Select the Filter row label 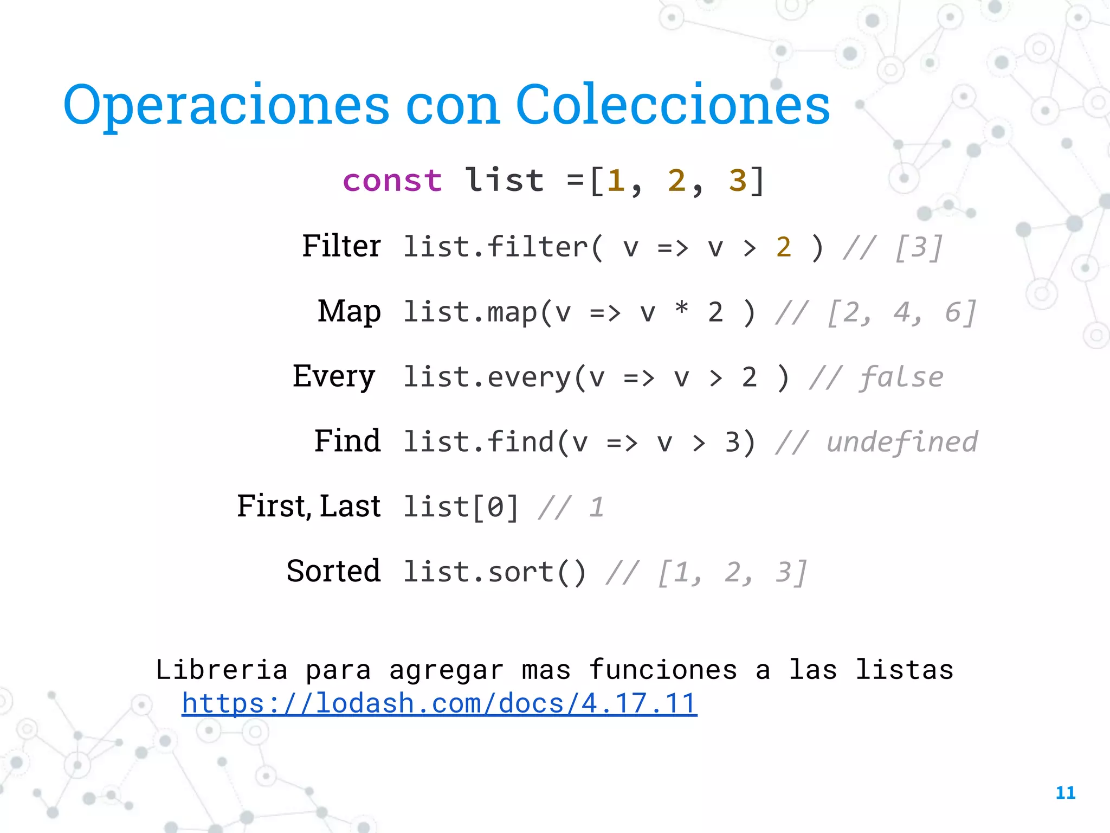[x=341, y=246]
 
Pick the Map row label [x=349, y=312]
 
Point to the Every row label [x=334, y=376]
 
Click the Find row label [x=347, y=441]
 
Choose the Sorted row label [x=333, y=571]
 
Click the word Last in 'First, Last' [x=350, y=507]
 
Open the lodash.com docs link [x=439, y=703]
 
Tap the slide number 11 [x=1065, y=793]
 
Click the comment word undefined [x=902, y=442]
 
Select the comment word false [x=902, y=377]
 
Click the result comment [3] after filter [x=919, y=248]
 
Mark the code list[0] [x=461, y=508]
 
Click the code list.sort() [x=494, y=573]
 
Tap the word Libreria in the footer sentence [x=222, y=670]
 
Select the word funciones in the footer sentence [x=663, y=670]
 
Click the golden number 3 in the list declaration [x=738, y=181]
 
